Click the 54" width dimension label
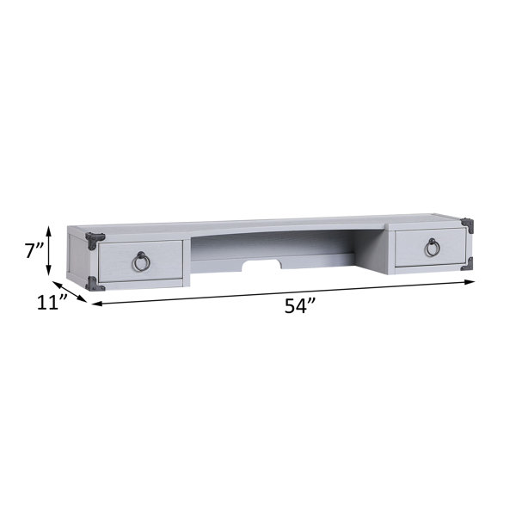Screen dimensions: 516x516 point(300,305)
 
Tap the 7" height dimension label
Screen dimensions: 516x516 point(34,251)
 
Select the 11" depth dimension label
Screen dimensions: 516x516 point(52,302)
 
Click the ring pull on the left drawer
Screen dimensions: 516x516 point(141,261)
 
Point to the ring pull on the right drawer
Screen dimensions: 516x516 point(432,247)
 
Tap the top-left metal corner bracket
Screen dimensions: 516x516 point(94,240)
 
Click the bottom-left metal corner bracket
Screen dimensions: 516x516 point(94,285)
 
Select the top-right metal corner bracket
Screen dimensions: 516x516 point(468,224)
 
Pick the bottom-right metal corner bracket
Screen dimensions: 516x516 point(468,264)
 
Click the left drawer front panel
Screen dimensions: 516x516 point(140,261)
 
